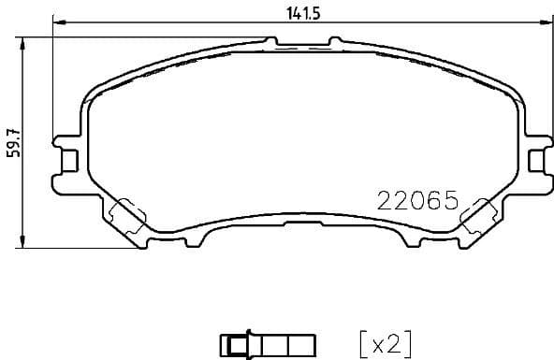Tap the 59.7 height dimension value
pyautogui.click(x=12, y=143)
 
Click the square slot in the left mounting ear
pyautogui.click(x=66, y=161)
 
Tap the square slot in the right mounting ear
pyautogui.click(x=534, y=161)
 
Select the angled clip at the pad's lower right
pyautogui.click(x=477, y=214)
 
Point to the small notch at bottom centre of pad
pyautogui.click(x=301, y=225)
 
